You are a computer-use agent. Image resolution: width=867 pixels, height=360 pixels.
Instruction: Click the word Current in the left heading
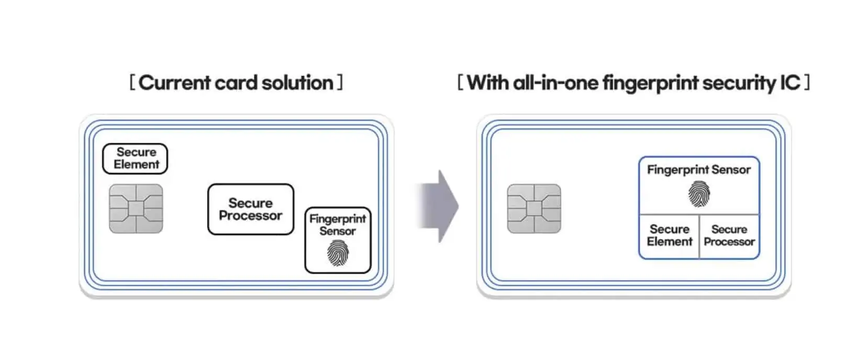175,83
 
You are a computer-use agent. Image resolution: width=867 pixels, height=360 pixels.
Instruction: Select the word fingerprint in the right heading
650,83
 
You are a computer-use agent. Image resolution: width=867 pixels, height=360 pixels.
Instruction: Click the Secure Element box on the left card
135,158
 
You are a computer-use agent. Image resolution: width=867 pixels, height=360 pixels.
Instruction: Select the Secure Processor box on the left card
250,209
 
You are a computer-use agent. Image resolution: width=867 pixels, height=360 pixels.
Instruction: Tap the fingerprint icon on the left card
338,253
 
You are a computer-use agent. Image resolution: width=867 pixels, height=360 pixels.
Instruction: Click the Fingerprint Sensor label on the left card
338,224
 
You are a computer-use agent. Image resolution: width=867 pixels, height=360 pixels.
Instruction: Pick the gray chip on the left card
136,208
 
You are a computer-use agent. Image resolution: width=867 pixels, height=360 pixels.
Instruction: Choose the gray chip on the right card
533,208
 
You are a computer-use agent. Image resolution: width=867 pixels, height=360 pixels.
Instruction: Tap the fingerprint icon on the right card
699,194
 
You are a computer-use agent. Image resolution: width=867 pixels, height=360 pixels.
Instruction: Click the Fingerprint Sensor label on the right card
699,170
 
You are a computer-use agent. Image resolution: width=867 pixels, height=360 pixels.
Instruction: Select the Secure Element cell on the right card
669,235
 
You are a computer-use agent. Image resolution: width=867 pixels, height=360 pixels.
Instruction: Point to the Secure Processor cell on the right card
729,235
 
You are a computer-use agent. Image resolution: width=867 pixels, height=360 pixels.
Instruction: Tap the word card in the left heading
236,83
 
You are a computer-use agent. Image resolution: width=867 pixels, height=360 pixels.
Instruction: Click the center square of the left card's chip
136,208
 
